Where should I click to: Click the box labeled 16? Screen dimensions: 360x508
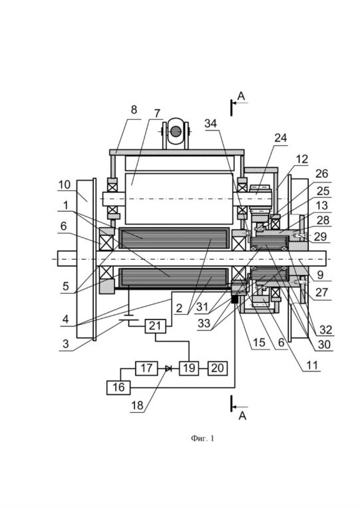[118, 387]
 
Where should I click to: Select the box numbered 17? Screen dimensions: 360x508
[146, 368]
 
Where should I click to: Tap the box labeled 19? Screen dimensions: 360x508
[189, 368]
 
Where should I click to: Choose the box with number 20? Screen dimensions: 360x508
[218, 368]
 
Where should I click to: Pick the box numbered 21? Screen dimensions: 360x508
[155, 326]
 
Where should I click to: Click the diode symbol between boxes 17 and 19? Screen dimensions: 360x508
[168, 368]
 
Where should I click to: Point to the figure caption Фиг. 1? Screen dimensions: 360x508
[202, 438]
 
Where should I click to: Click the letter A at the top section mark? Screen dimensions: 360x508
[241, 97]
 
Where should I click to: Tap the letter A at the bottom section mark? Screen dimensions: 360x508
[242, 416]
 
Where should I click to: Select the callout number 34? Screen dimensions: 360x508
[211, 123]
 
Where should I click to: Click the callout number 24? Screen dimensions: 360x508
[281, 138]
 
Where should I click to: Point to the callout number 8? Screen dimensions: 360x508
[134, 110]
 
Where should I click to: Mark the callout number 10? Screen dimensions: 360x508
[65, 184]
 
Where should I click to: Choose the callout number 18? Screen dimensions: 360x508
[137, 405]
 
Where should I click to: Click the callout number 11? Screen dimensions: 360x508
[312, 365]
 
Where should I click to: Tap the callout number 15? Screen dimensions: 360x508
[259, 343]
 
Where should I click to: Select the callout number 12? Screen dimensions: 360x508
[301, 159]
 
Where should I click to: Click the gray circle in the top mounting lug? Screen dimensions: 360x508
[176, 131]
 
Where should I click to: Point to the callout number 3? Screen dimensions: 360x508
[66, 344]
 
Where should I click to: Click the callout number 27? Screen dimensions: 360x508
[322, 292]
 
